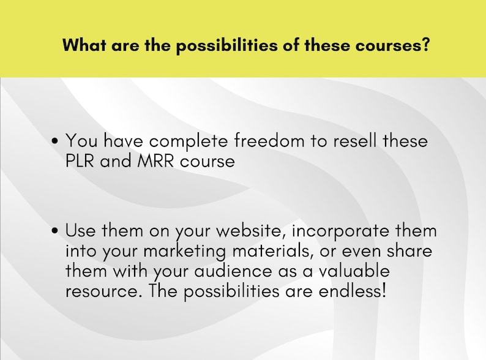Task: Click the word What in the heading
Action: point(84,46)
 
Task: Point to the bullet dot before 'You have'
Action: point(56,141)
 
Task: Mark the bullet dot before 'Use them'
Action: point(56,231)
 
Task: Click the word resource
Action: point(101,291)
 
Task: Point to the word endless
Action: point(352,290)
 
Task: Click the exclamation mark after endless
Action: point(384,290)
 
